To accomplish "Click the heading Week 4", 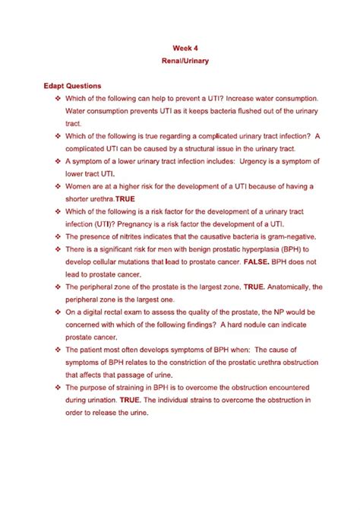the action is [x=179, y=47].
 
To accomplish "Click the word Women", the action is [x=81, y=186].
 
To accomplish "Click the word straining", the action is [x=133, y=387].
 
